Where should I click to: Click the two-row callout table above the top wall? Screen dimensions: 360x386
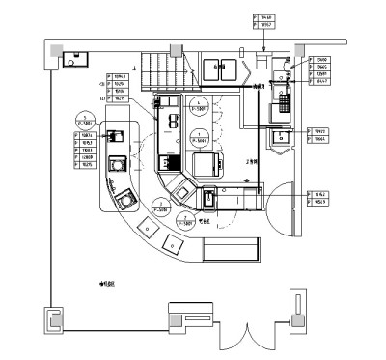click(x=263, y=21)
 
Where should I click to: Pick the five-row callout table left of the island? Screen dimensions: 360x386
click(x=85, y=150)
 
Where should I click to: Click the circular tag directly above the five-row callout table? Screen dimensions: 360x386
click(x=87, y=121)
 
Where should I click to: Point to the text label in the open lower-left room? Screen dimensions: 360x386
click(x=107, y=284)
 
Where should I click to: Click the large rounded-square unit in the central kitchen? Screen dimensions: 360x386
click(x=209, y=164)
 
